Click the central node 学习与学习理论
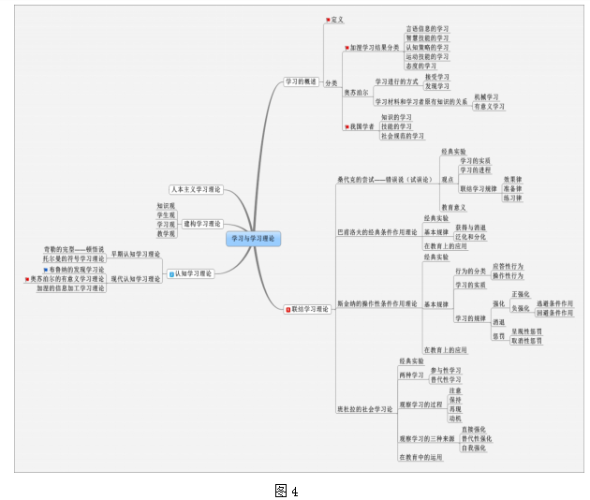coord(254,239)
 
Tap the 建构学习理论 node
coord(202,224)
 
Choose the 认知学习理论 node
coord(193,273)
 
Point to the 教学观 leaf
coord(167,233)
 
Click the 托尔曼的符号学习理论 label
coord(74,258)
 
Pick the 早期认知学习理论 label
coord(136,254)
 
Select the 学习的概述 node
coord(302,81)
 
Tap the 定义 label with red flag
coord(337,19)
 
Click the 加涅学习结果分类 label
coord(374,47)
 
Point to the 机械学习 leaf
coord(486,97)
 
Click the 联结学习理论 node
coord(310,308)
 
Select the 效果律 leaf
coord(513,179)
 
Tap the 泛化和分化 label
coord(470,237)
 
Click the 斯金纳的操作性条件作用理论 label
coord(377,303)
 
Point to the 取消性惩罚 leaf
coord(525,341)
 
